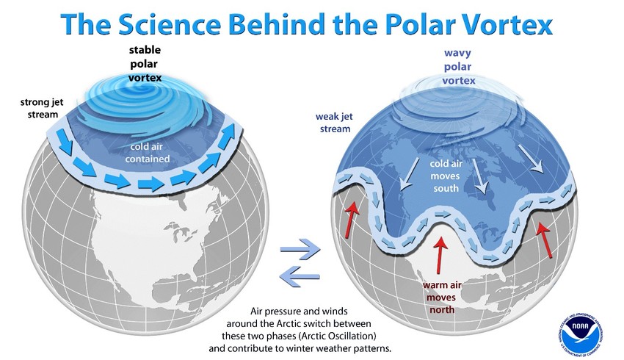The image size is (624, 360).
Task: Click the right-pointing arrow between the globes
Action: tap(300, 251)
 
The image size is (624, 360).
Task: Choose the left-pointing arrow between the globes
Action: tap(300, 276)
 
